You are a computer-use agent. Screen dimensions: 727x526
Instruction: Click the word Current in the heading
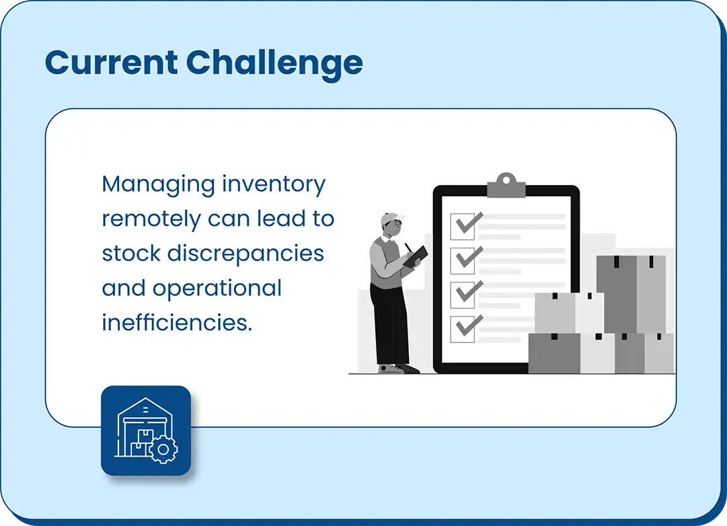111,62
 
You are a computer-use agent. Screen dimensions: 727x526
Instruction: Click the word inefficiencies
177,322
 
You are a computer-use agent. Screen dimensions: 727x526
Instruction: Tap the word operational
217,289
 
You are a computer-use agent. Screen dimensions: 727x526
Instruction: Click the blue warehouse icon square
146,430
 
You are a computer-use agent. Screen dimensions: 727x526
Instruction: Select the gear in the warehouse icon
163,449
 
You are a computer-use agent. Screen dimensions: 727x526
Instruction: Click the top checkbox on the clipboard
463,227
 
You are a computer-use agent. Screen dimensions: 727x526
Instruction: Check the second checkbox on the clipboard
463,261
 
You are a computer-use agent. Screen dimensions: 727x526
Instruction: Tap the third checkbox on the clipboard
463,295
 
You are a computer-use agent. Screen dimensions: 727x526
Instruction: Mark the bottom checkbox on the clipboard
463,330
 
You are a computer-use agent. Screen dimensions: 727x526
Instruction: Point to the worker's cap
390,219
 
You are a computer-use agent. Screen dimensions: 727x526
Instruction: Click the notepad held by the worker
416,256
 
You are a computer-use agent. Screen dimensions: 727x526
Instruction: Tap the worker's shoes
399,369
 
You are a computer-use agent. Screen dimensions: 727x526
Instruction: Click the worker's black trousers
390,325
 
